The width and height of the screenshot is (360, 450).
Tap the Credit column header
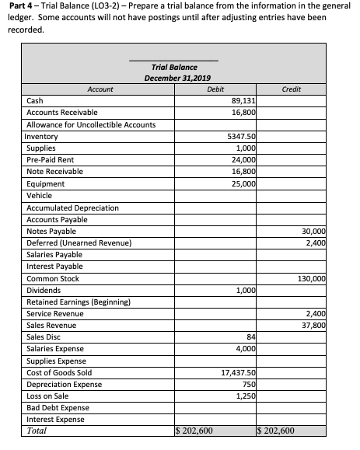click(x=292, y=89)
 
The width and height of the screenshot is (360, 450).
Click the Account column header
click(x=100, y=89)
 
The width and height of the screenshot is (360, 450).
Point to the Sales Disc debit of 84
click(x=250, y=337)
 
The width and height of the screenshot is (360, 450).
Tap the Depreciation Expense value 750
click(x=249, y=385)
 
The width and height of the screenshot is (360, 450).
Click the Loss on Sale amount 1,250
click(x=246, y=396)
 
